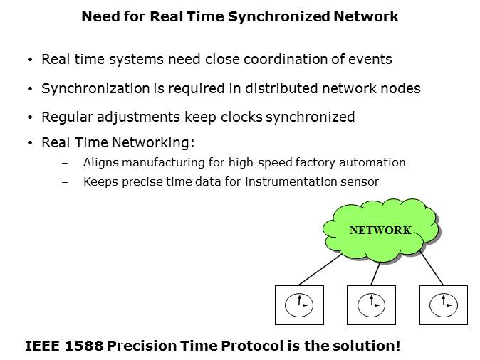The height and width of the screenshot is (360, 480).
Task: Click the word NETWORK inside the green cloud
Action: coord(380,231)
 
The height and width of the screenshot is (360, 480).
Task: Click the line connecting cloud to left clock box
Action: coord(320,270)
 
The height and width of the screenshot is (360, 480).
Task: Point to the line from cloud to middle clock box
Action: coord(375,273)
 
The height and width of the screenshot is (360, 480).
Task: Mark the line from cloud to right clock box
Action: coord(432,268)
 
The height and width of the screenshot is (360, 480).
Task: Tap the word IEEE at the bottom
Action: coord(42,346)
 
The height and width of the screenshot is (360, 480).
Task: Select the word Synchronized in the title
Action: coord(279,16)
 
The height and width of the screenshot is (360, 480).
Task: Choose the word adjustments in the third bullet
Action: coord(138,117)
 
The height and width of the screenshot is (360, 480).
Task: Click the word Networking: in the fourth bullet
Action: coord(153,143)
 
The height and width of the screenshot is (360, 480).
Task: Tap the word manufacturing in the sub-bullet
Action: coord(164,163)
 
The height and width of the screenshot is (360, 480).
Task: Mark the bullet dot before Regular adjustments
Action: coord(30,117)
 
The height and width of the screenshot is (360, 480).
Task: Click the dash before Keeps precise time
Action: coord(65,183)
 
